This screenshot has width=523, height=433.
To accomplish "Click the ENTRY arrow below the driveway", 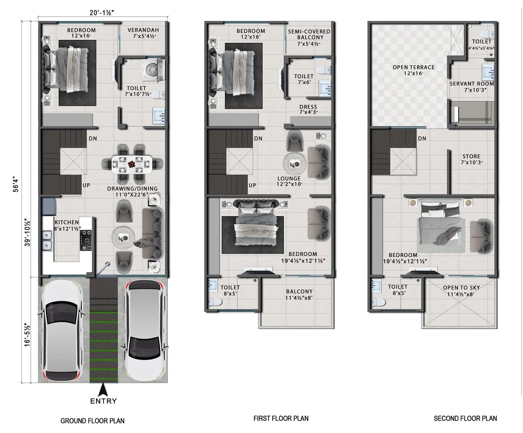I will pos(103,390).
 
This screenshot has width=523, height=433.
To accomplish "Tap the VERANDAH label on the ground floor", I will pos(143,30).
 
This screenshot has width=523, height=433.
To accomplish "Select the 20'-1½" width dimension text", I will pos(102,13).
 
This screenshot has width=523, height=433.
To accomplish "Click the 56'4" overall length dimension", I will pos(16,184).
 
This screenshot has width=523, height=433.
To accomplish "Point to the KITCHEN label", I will pos(67,222).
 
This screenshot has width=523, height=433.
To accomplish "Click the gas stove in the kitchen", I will pos(86,240).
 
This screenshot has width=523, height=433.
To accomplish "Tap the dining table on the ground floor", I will pos(132,164).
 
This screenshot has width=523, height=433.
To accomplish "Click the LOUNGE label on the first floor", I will pos(289,178).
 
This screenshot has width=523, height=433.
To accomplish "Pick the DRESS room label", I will pos(308,107).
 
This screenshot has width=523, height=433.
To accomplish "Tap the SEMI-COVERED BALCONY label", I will pos(309,34).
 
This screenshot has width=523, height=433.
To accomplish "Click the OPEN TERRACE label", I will pos(413,67).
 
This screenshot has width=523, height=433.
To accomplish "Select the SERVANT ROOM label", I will pos(471,84).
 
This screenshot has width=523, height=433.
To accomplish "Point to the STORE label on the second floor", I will pos(471,157).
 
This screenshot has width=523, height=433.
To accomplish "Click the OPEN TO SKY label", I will pos(461,288).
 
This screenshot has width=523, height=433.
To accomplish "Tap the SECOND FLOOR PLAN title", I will pos(465,419).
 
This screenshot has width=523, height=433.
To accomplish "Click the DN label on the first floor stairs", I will pos(258,139).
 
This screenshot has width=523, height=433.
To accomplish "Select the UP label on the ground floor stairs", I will pos(86,185).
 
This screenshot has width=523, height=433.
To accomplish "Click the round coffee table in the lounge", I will pos(295,163).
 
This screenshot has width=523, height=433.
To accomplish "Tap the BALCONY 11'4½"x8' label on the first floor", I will pos(299,291).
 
